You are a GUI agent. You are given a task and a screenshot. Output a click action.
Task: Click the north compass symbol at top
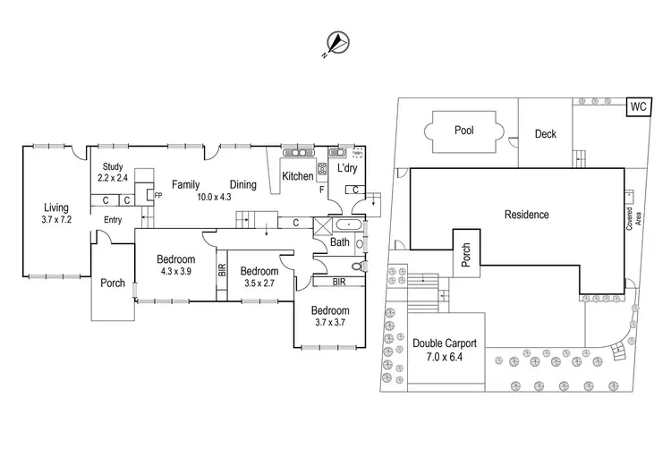[x=335, y=42]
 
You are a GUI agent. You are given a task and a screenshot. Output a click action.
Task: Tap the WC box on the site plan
[x=638, y=106]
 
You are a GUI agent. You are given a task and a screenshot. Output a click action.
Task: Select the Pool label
[x=463, y=131]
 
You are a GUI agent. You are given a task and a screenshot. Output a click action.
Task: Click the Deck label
[x=546, y=134]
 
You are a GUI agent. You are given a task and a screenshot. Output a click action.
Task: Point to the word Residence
[x=526, y=215]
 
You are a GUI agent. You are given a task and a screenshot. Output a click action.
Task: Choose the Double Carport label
[x=445, y=343]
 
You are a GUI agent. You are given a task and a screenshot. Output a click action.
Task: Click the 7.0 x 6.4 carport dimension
[x=445, y=358]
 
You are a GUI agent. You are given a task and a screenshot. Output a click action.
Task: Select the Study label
[x=112, y=166]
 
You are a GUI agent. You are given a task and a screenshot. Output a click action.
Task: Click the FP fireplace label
[x=158, y=195]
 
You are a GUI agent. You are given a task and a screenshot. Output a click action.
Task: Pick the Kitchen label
[x=298, y=176]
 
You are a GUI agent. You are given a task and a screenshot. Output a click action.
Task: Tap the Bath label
[x=340, y=242]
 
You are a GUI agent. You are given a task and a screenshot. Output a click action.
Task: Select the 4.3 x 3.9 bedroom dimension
[x=176, y=271]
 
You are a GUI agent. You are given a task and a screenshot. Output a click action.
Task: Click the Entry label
[x=113, y=220]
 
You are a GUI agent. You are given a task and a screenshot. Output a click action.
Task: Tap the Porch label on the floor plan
[x=113, y=284]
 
